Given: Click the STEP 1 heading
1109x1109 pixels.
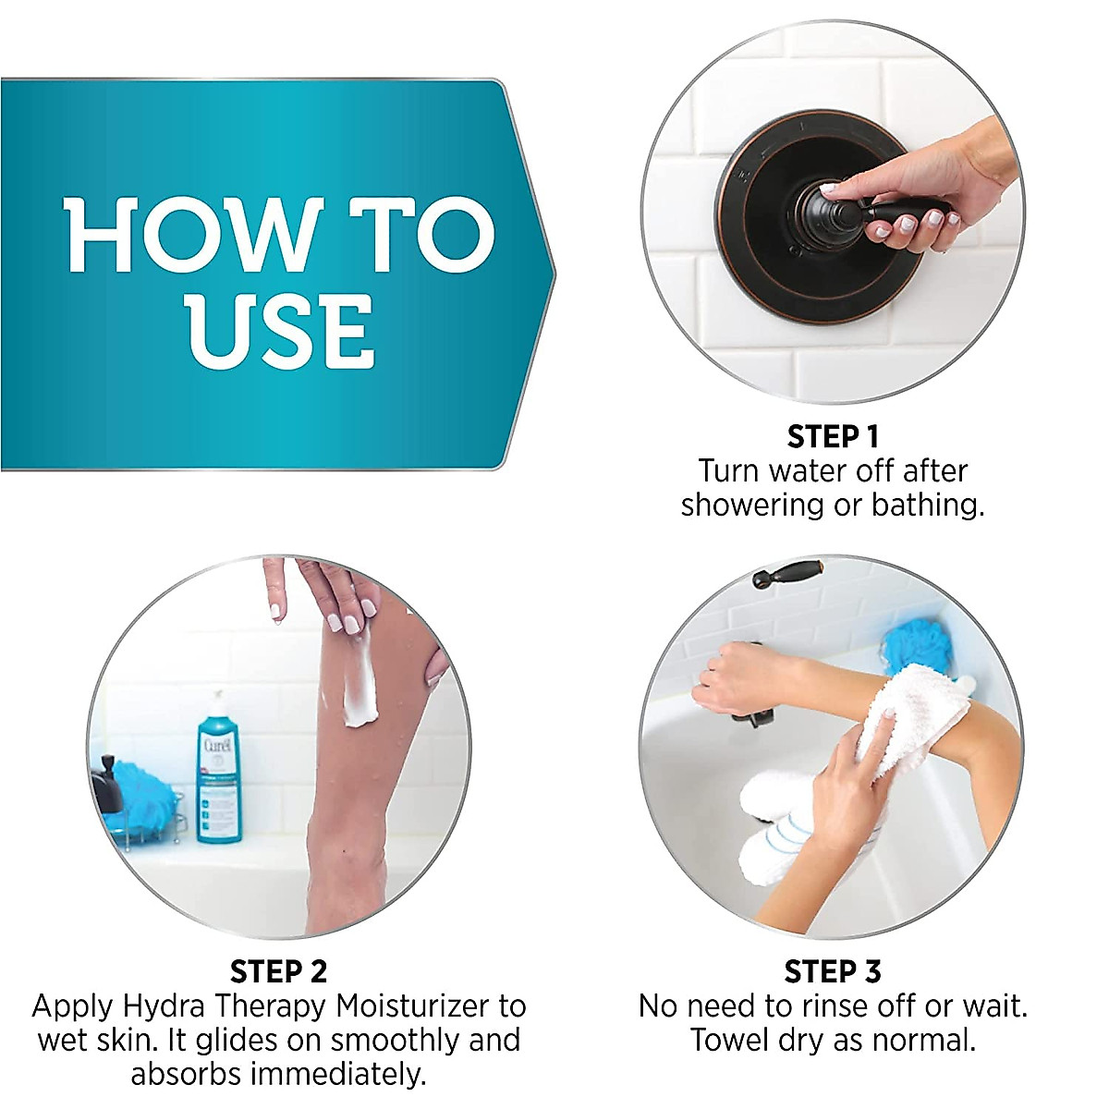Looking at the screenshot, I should click(x=832, y=436).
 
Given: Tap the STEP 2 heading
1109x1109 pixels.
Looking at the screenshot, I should click(x=278, y=971).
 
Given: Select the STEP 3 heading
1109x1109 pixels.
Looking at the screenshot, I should click(x=832, y=971).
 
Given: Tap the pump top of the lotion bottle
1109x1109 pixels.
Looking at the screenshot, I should click(x=215, y=702).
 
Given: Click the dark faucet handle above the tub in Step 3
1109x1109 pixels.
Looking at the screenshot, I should click(x=786, y=574).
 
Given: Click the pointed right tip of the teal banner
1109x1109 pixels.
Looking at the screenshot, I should click(x=553, y=274).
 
